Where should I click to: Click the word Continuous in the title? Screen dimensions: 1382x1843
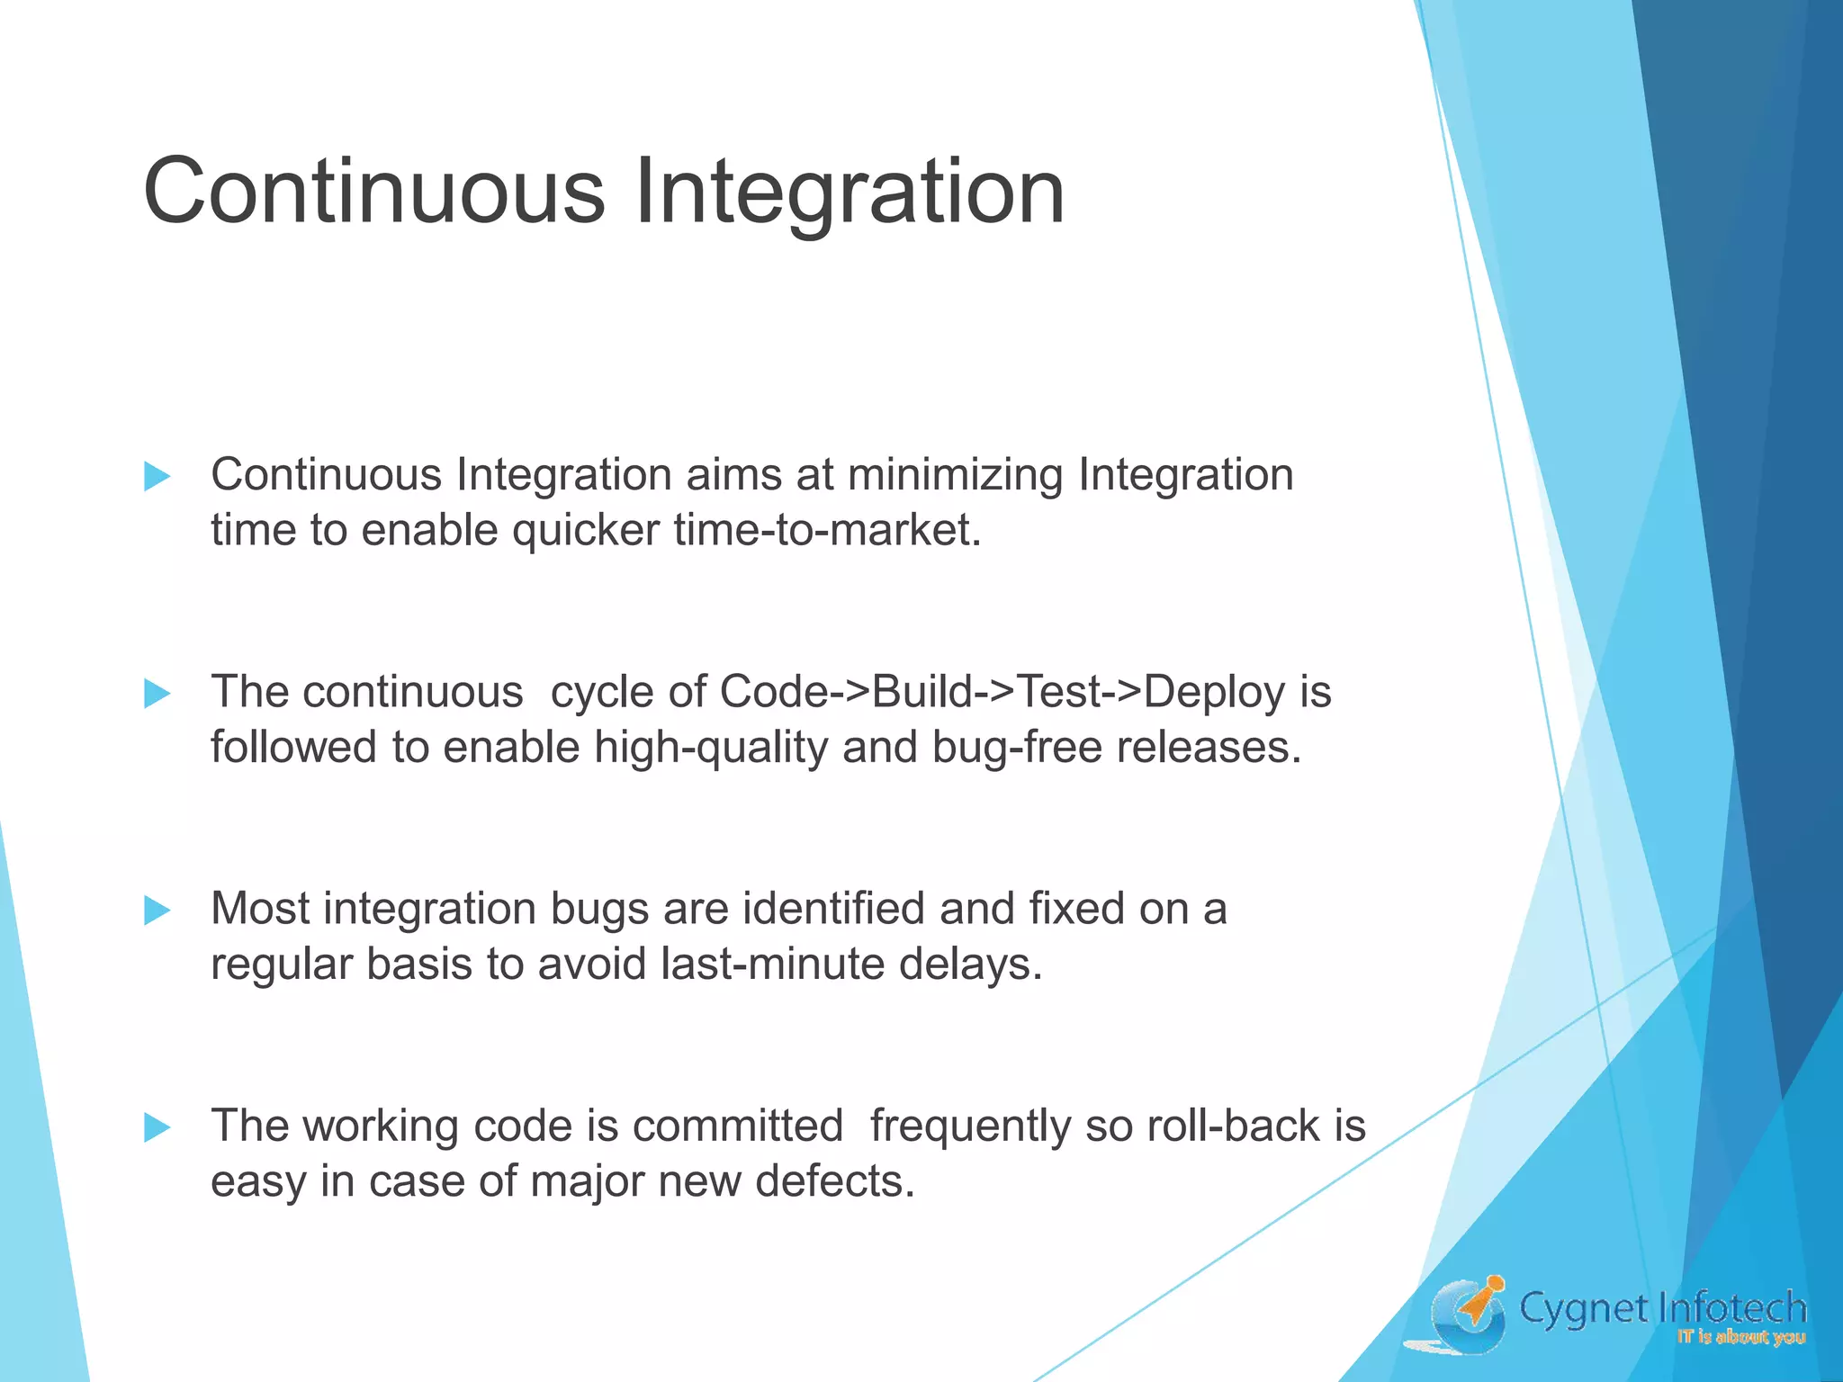[373, 192]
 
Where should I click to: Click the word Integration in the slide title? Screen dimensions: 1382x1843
[850, 192]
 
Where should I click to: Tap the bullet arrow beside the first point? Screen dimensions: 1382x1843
[157, 477]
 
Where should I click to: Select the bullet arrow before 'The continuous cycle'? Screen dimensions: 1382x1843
[157, 694]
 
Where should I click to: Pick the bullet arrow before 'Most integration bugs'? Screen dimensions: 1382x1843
[157, 911]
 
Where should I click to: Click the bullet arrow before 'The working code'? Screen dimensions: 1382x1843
[157, 1127]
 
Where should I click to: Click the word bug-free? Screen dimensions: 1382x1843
[1016, 748]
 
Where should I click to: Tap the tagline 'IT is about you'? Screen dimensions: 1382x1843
[1740, 1337]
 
